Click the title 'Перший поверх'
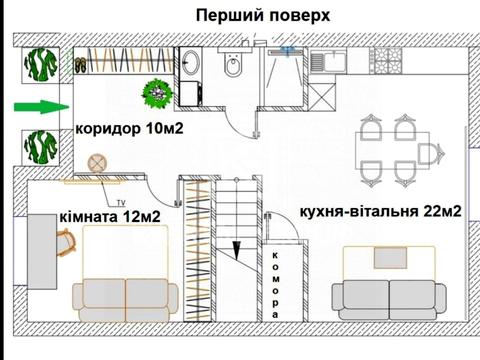(x=261, y=15)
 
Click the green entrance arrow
(x=39, y=106)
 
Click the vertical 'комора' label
(x=275, y=283)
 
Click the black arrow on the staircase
(x=237, y=251)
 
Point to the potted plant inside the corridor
(x=155, y=95)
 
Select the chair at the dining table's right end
(x=433, y=153)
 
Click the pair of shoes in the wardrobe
(x=80, y=66)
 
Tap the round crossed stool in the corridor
(x=98, y=163)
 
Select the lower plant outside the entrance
(x=41, y=149)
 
